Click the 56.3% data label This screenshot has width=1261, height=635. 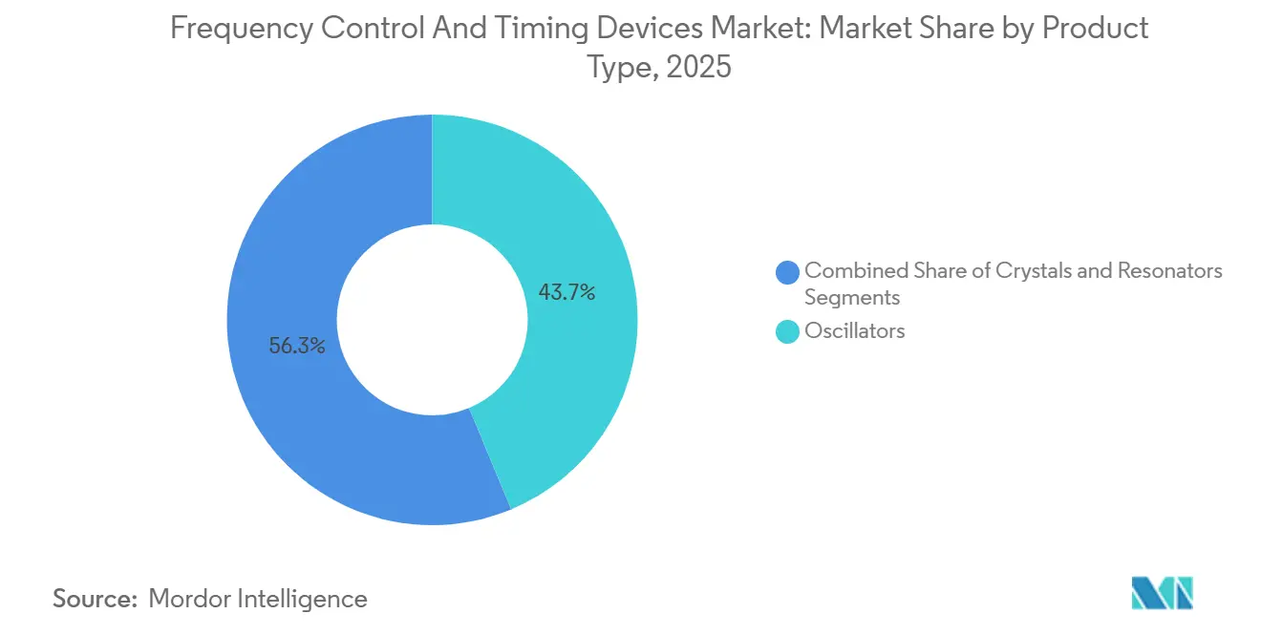click(x=297, y=347)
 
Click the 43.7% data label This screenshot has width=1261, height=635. click(x=566, y=293)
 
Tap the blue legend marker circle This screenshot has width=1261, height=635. click(x=788, y=272)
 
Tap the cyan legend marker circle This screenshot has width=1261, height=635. click(x=788, y=331)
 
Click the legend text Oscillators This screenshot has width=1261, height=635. click(x=854, y=331)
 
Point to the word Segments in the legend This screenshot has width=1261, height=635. click(x=852, y=298)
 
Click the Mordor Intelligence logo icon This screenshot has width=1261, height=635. click(x=1162, y=593)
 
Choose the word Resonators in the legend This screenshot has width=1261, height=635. click(x=1171, y=271)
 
